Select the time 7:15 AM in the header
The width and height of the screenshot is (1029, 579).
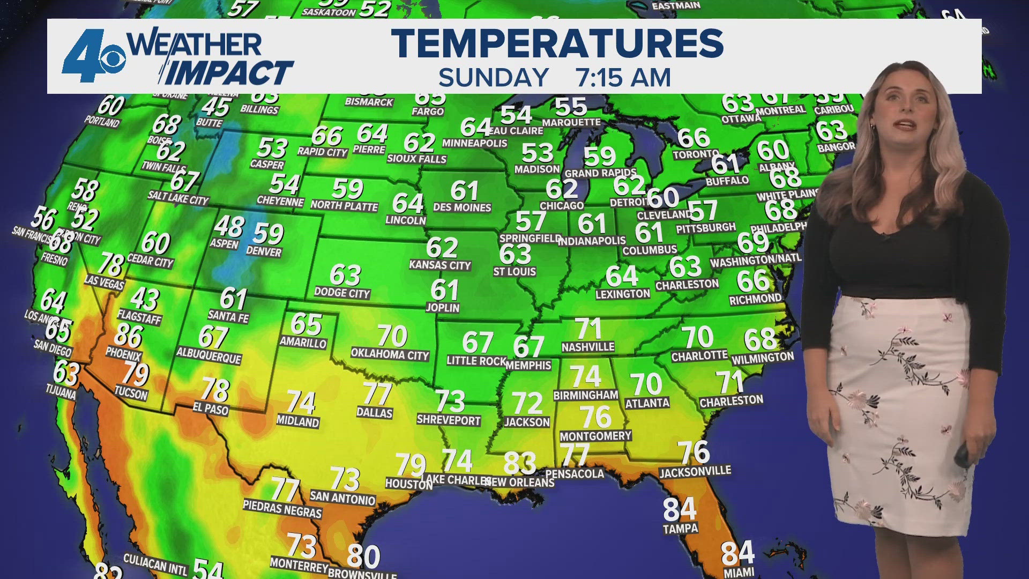623,78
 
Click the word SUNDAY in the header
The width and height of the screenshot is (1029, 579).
494,78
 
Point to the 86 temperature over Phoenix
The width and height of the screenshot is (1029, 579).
128,336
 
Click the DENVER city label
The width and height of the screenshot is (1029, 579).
264,251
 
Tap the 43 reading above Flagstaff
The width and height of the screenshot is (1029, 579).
145,299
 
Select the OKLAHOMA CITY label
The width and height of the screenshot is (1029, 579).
390,354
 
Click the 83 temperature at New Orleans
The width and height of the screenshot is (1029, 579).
519,463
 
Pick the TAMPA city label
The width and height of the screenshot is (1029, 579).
680,529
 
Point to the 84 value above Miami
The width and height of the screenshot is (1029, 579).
737,553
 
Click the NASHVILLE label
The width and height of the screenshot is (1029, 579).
588,347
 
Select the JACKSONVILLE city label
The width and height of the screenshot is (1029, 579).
695,472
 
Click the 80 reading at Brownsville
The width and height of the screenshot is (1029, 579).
363,556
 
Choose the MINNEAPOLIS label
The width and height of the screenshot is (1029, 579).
474,143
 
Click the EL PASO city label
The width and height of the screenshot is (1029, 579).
211,409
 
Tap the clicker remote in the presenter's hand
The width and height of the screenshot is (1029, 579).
962,456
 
